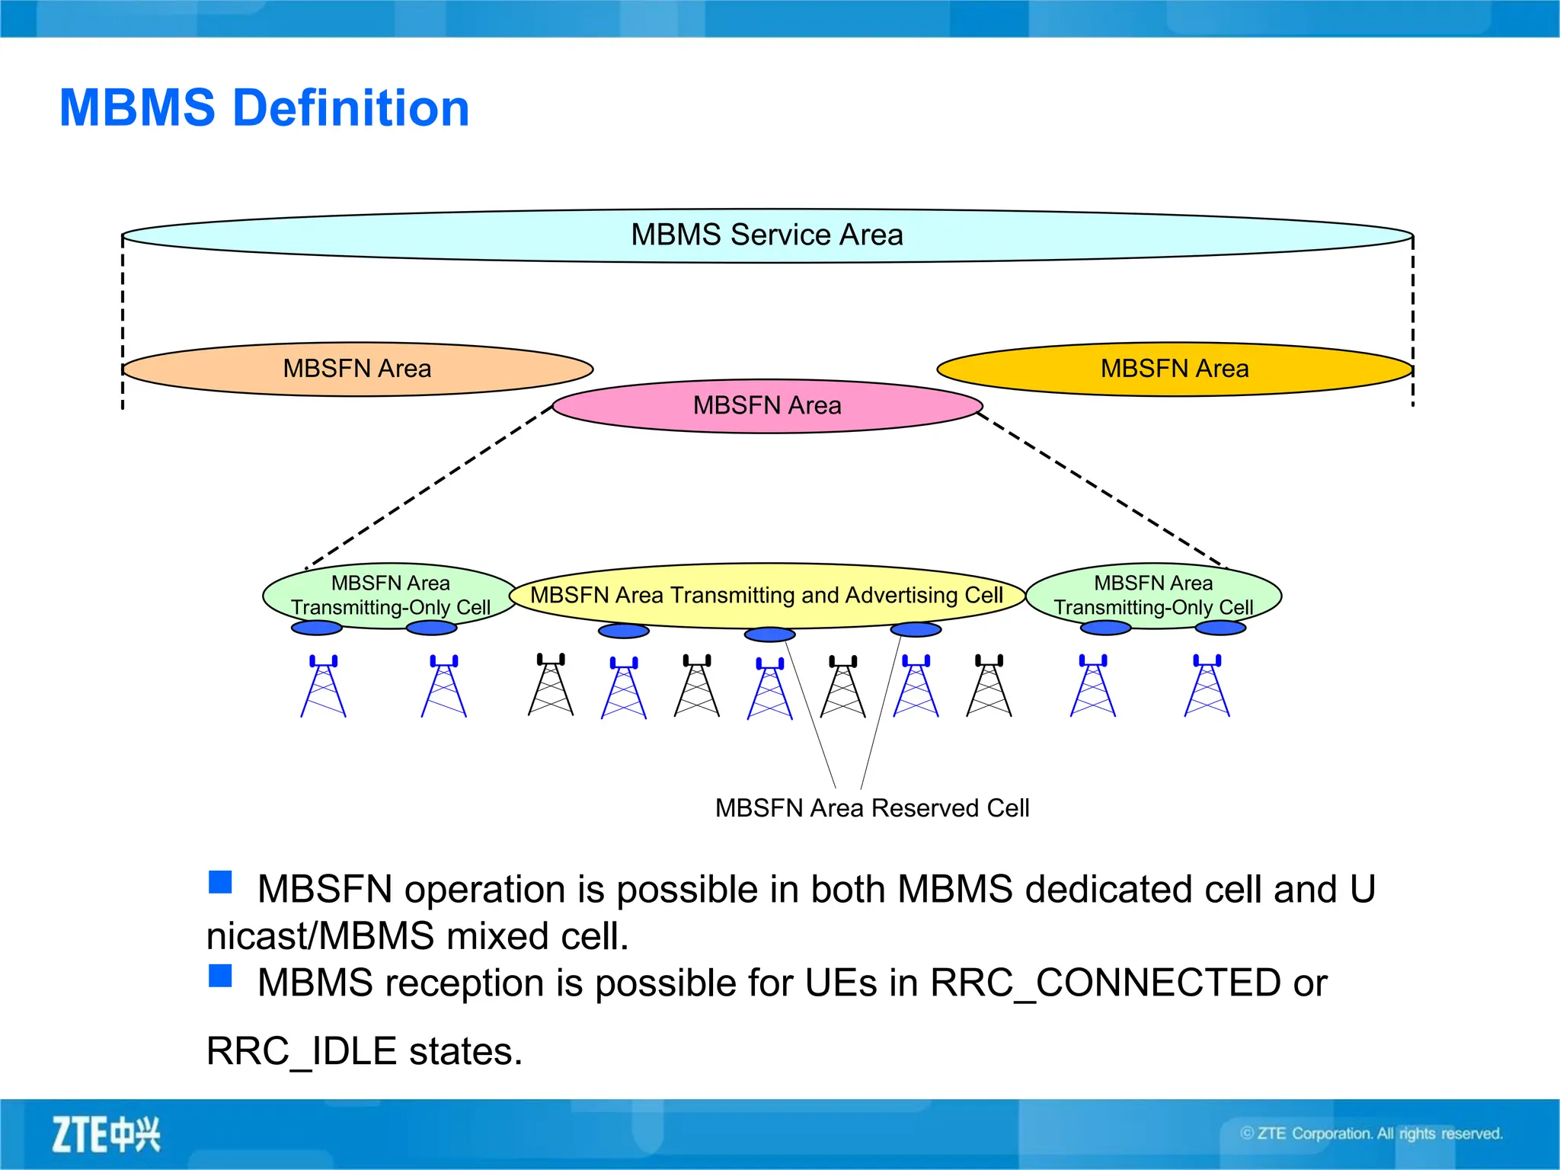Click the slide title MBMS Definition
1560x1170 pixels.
tap(264, 107)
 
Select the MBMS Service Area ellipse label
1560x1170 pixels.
tap(766, 235)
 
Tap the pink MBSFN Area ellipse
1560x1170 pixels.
tap(766, 405)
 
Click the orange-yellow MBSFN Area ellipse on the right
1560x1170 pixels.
tap(1174, 369)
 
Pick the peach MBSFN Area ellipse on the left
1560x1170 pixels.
tap(356, 369)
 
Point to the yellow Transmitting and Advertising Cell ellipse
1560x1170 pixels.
tap(766, 595)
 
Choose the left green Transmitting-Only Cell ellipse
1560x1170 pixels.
tap(390, 595)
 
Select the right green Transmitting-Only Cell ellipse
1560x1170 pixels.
tap(1152, 595)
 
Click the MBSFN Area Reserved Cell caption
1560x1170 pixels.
tap(871, 807)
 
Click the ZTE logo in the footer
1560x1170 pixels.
tap(106, 1134)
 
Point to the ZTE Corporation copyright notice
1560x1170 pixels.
tap(1371, 1133)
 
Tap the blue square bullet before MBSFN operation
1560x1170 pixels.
tap(220, 882)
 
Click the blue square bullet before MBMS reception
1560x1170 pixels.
tap(220, 976)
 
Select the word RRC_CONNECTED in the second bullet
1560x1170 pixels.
tap(1105, 983)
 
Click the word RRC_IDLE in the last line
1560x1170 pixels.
tap(302, 1051)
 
